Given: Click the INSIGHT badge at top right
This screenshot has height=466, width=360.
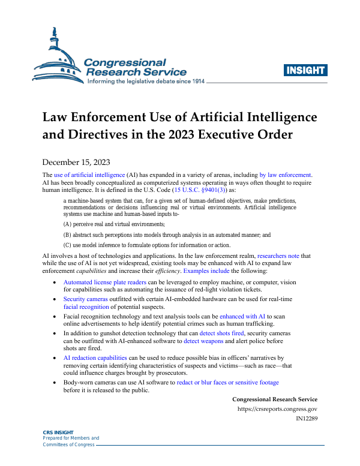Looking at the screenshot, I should point(305,70).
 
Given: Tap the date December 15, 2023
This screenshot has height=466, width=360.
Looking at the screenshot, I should point(75,162).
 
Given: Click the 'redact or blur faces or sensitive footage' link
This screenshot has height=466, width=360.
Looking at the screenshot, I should point(227,382).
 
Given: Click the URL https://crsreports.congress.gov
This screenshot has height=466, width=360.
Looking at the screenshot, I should point(277,409).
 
